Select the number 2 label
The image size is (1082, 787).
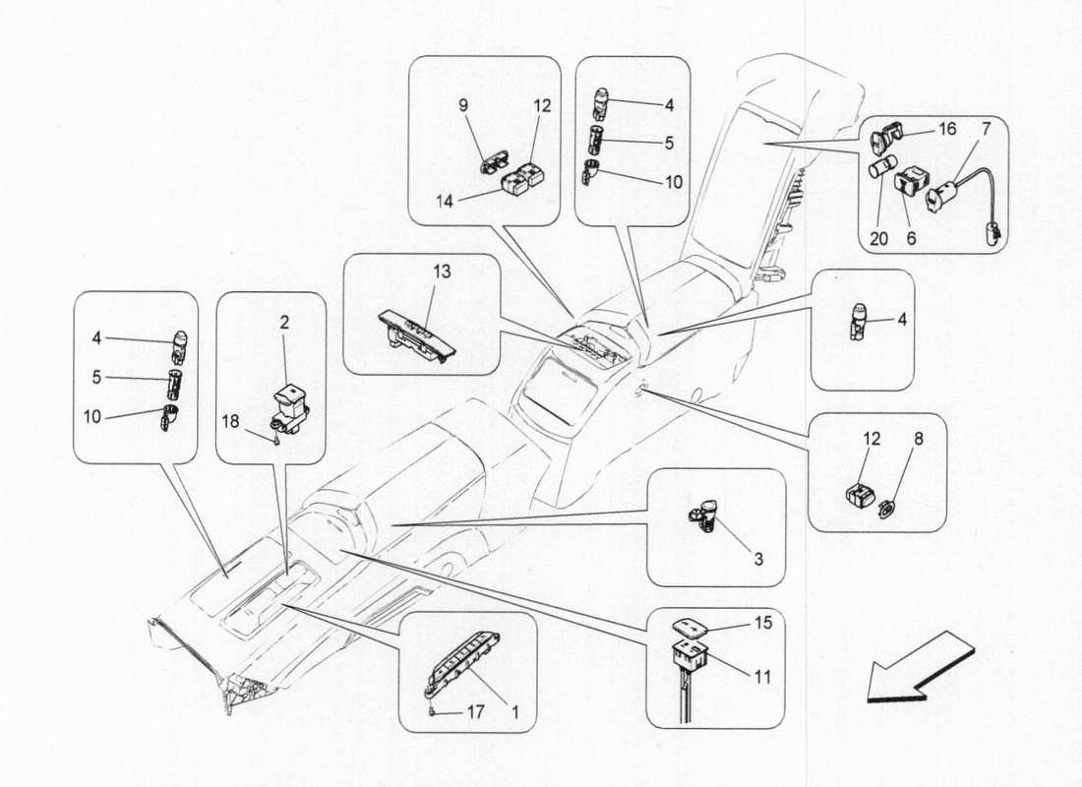pyautogui.click(x=283, y=322)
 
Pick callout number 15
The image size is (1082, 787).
pyautogui.click(x=762, y=622)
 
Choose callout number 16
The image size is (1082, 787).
pyautogui.click(x=946, y=129)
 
